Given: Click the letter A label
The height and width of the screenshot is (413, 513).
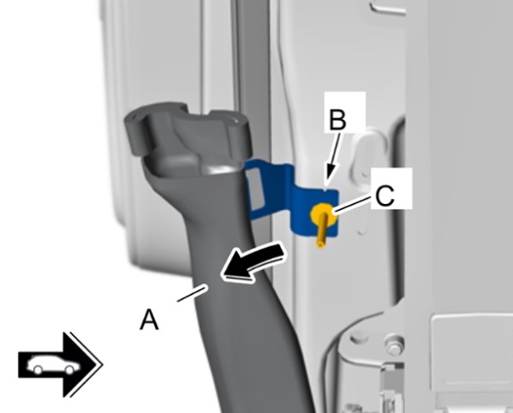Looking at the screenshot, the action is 149,320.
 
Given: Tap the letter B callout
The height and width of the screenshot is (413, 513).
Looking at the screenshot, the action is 337,120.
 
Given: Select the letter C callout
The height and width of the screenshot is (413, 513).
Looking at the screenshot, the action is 385,196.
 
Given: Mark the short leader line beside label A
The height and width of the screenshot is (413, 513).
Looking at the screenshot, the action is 193,293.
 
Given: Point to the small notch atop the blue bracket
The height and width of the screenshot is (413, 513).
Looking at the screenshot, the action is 325,189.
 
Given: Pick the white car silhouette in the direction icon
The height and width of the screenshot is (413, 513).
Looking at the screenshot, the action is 54,364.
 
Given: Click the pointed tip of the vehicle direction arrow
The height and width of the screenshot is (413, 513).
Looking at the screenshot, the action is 103,364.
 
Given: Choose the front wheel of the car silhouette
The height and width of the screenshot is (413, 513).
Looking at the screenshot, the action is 69,370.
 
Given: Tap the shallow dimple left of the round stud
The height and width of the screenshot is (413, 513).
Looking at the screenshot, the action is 356,336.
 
